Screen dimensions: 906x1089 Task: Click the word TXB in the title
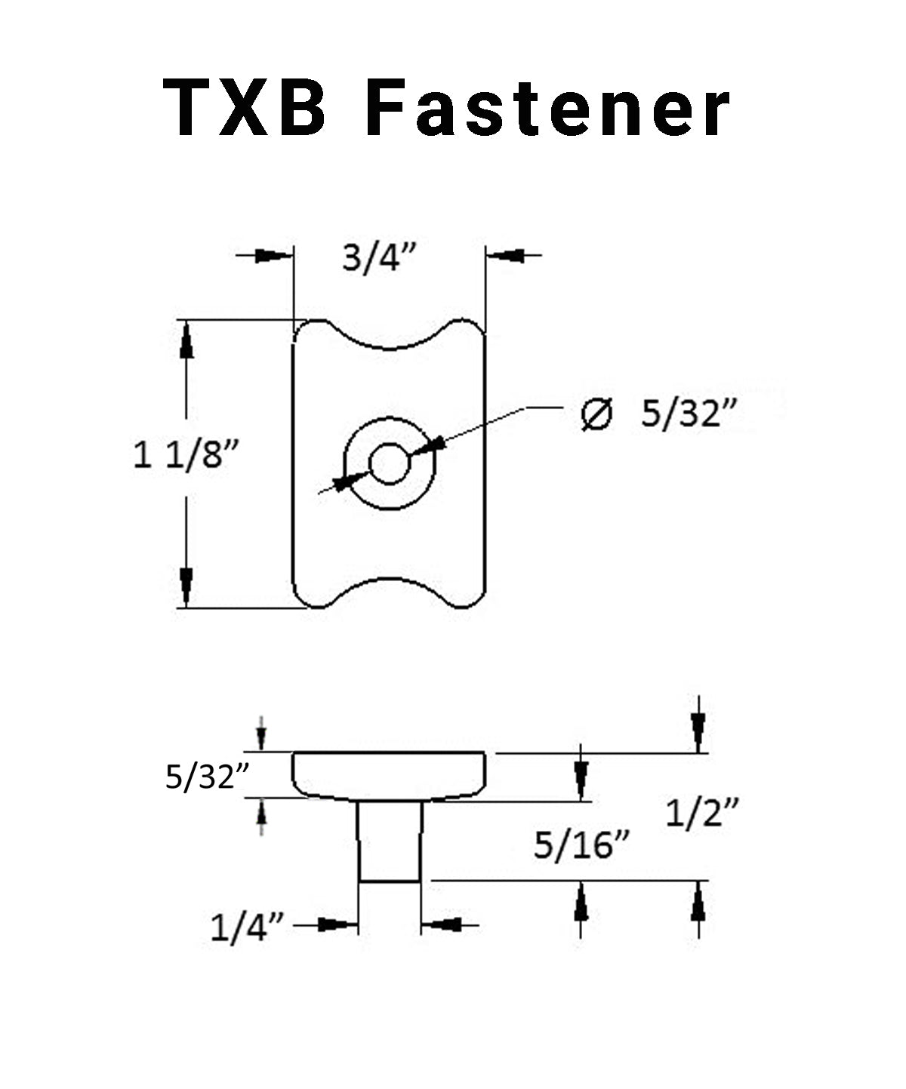tap(245, 109)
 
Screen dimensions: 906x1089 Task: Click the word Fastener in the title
tap(548, 109)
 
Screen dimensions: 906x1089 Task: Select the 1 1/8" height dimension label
tap(186, 454)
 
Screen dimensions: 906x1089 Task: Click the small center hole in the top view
tap(389, 463)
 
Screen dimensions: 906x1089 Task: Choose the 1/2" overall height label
tap(702, 814)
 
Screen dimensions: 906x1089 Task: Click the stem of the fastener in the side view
tap(390, 841)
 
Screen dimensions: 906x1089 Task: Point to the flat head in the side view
tap(389, 775)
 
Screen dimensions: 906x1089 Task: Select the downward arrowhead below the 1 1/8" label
tap(186, 586)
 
